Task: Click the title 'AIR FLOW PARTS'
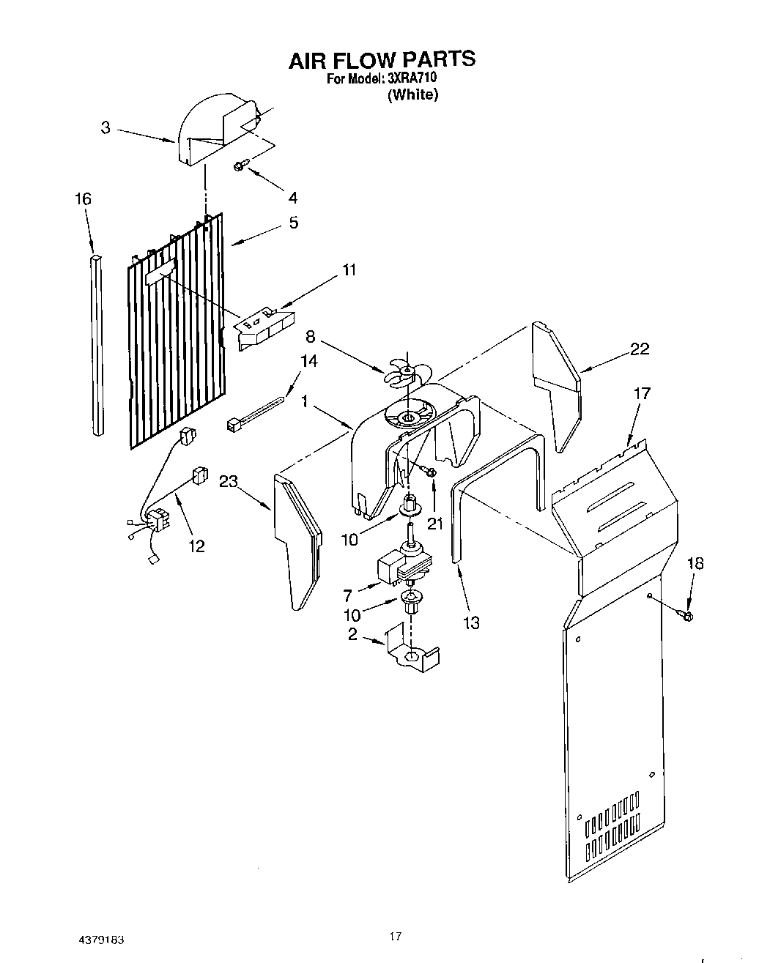pyautogui.click(x=381, y=59)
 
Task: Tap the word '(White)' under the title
pyautogui.click(x=413, y=94)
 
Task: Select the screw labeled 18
pyautogui.click(x=686, y=616)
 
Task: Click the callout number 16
pyautogui.click(x=82, y=198)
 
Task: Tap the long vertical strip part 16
pyautogui.click(x=97, y=344)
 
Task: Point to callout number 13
pyautogui.click(x=471, y=622)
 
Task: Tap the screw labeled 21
pyautogui.click(x=432, y=474)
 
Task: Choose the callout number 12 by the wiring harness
pyautogui.click(x=196, y=546)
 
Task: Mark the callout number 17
pyautogui.click(x=642, y=394)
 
